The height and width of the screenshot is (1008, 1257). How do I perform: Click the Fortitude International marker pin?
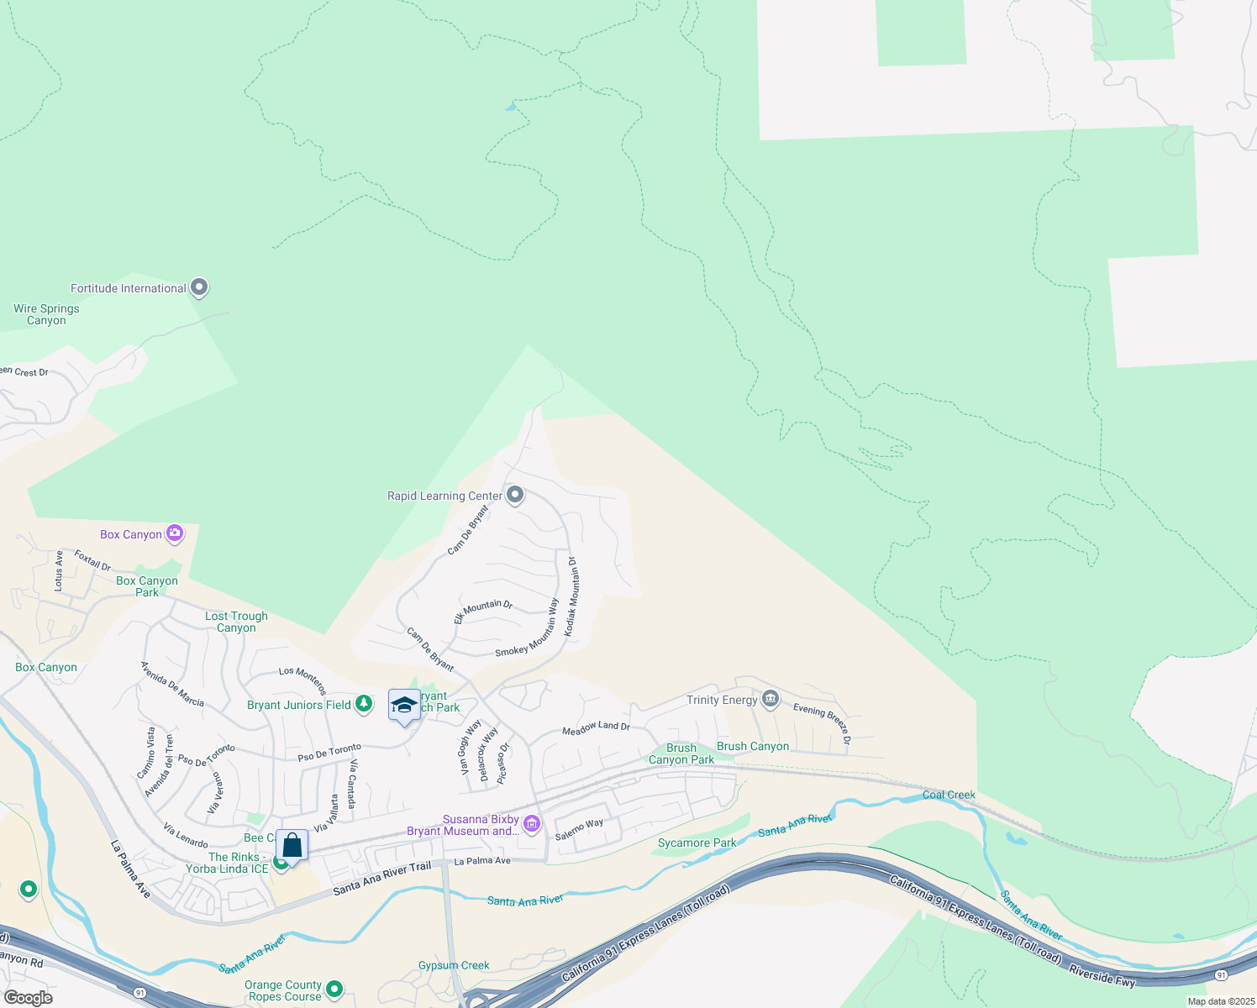(199, 288)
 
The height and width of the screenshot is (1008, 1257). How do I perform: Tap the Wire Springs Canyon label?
(46, 314)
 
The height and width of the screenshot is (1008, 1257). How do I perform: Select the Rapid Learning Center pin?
(515, 495)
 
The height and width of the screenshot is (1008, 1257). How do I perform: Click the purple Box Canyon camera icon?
(175, 533)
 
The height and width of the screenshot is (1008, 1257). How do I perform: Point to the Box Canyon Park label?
(147, 586)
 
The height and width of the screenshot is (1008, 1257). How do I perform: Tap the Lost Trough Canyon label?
(236, 622)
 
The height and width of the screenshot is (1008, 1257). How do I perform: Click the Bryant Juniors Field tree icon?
(364, 704)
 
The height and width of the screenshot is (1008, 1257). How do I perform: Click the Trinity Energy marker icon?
(771, 699)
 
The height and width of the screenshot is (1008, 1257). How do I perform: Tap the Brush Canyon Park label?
(681, 753)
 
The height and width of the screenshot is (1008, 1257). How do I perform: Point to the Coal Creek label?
(949, 795)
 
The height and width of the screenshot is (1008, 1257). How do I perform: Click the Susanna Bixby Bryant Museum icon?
(532, 824)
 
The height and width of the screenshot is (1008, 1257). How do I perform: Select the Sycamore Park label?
(697, 843)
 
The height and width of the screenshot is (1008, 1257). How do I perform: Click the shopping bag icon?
(292, 844)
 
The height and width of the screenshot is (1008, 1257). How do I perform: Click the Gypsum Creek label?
(454, 965)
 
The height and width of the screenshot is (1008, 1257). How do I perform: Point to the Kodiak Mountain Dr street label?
(571, 596)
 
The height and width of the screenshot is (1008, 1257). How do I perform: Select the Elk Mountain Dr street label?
(483, 611)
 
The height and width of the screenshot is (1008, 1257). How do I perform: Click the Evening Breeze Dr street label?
(823, 723)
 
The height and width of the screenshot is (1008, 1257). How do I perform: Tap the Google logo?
(29, 998)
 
